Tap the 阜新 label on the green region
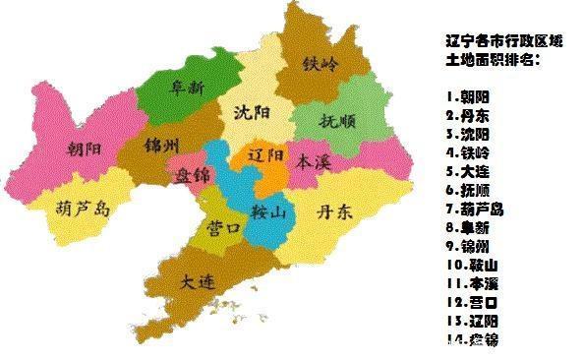189,88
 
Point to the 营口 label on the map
225,228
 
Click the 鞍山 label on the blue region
266,210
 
